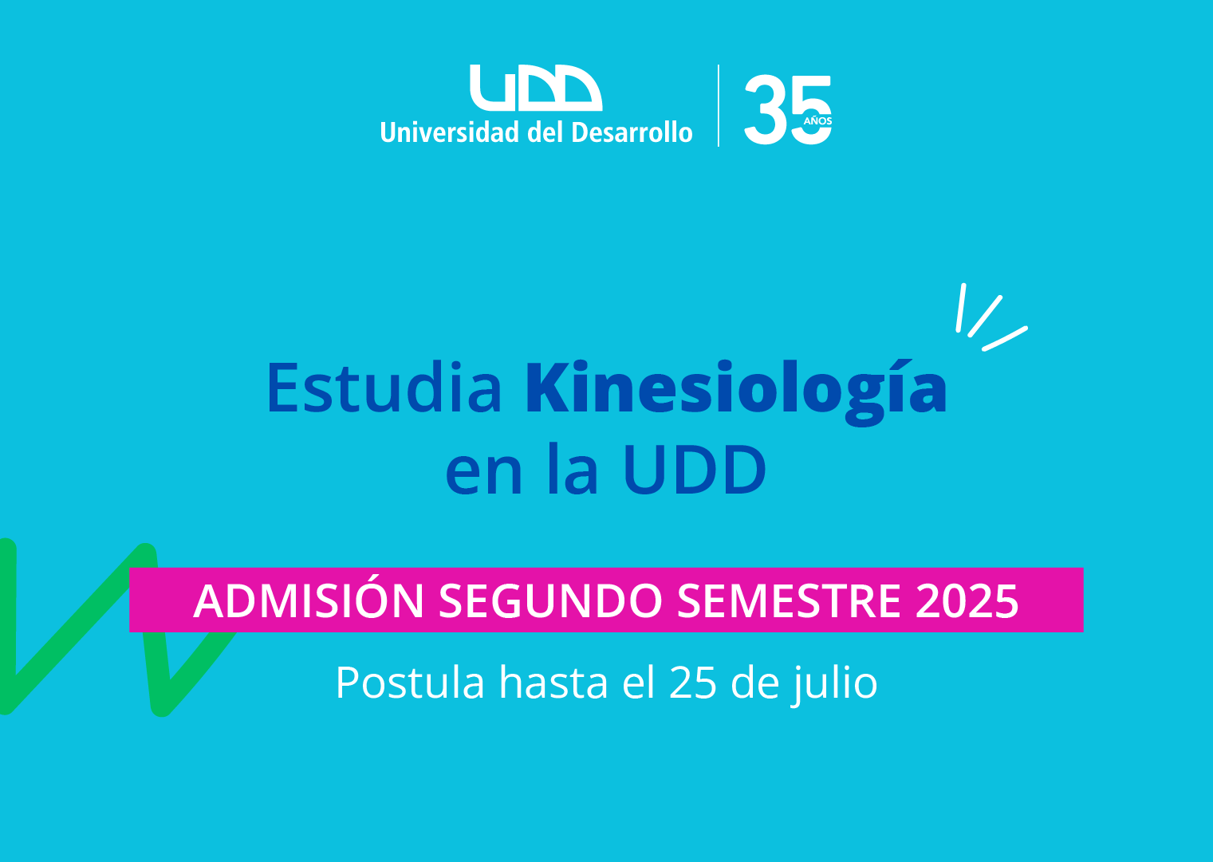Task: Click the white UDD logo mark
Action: click(536, 88)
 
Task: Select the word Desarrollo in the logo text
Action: click(632, 132)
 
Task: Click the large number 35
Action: click(787, 110)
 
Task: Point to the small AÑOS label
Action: click(817, 120)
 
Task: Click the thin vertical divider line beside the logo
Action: click(719, 105)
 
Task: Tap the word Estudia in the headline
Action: click(384, 388)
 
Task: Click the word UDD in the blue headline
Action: click(695, 470)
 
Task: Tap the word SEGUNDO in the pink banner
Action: click(550, 601)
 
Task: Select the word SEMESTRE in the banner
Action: click(789, 601)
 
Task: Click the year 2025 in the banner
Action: click(967, 601)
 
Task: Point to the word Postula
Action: click(410, 683)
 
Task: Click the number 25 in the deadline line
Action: click(694, 683)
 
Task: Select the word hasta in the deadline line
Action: click(553, 683)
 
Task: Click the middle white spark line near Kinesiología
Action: click(985, 317)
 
